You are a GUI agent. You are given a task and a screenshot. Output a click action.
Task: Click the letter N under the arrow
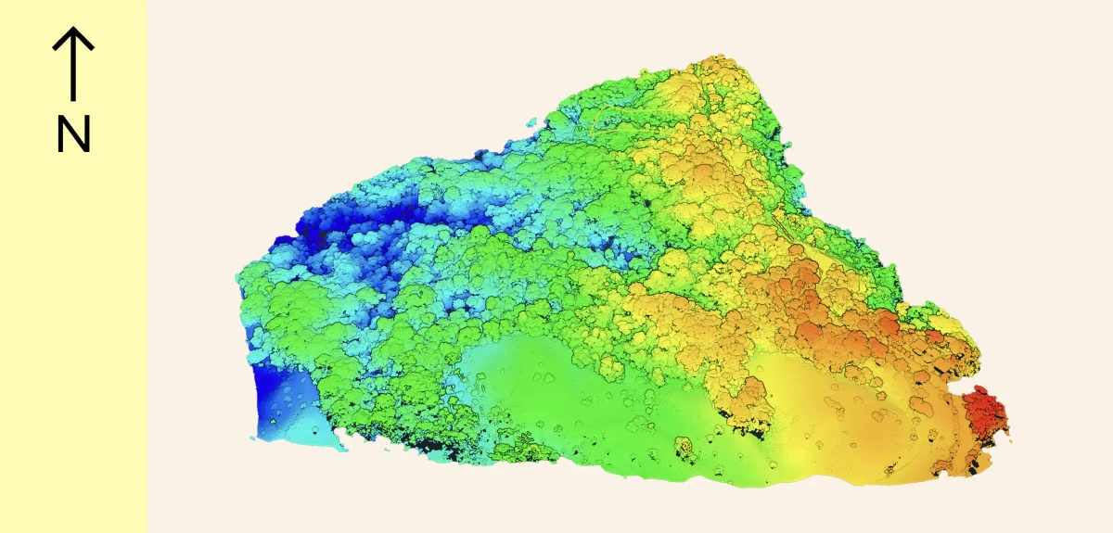point(73,135)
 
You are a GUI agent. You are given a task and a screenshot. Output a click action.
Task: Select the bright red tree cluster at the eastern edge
point(985,414)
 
